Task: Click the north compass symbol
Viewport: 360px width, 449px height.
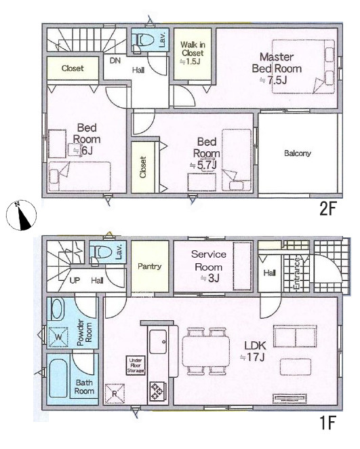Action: tap(21, 215)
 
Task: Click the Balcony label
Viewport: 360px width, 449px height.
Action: tap(298, 153)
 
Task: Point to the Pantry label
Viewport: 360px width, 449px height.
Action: tap(149, 267)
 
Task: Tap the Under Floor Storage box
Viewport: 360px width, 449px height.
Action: tap(136, 366)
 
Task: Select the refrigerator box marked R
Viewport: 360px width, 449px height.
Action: tap(115, 393)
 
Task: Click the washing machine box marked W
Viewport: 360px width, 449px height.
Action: tap(59, 336)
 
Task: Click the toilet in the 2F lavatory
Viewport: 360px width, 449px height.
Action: tap(142, 41)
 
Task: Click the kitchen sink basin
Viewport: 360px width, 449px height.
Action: tap(158, 342)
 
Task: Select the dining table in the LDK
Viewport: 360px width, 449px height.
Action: tap(206, 351)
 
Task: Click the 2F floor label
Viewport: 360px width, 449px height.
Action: tap(327, 210)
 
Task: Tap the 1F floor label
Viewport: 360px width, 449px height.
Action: tap(327, 423)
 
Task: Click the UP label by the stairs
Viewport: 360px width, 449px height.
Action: tap(75, 281)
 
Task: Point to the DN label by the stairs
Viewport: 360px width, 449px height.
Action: tap(115, 61)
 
